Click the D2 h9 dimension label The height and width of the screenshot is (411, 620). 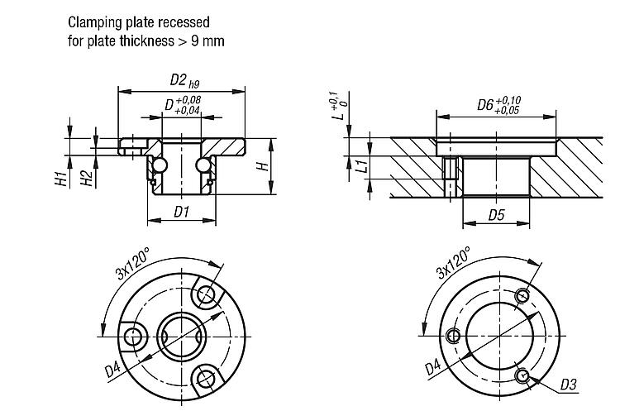click(x=183, y=80)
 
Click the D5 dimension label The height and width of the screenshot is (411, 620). click(x=496, y=215)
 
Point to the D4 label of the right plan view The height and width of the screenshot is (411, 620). click(x=432, y=365)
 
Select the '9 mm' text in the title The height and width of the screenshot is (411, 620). click(x=209, y=40)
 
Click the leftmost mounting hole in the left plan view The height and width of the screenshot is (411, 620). click(x=134, y=336)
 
